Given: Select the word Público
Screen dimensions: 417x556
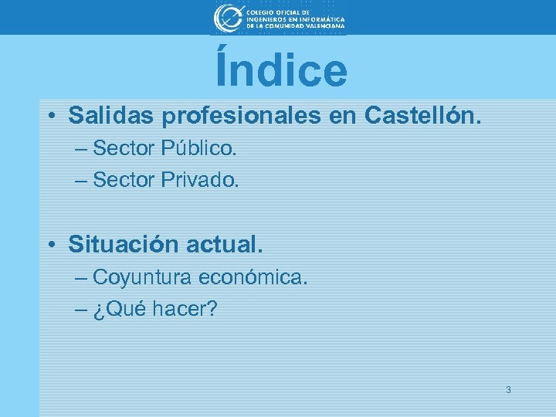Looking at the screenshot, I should pos(198,147).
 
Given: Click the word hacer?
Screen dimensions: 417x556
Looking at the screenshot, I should pos(185,310).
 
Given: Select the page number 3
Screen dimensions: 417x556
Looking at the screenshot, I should pos(507,390).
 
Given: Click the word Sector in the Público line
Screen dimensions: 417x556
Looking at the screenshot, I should pos(124,147).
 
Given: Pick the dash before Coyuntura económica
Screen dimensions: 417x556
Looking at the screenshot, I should pos(82,278).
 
